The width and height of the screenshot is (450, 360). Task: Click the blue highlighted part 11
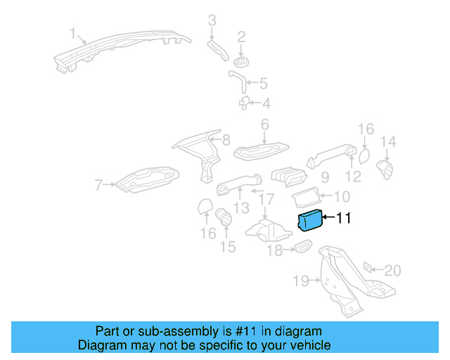309,221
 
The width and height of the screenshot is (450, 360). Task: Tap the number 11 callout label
343,219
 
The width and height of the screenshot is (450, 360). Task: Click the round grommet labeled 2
241,56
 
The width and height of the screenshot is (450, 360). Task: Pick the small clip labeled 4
245,103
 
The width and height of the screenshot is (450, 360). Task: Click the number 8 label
226,140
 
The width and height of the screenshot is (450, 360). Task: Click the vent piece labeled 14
386,169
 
